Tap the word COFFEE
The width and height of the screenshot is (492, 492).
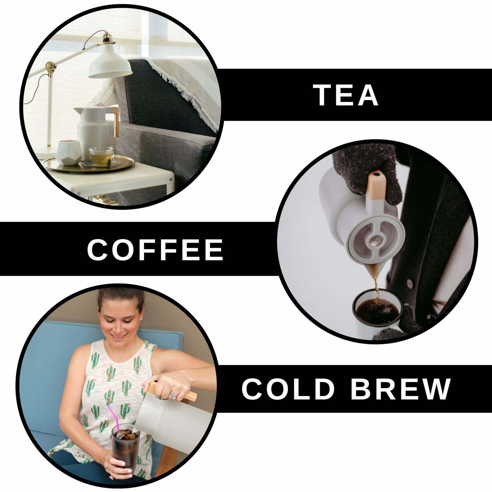point(156,249)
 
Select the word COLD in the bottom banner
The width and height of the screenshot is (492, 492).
point(288,389)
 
